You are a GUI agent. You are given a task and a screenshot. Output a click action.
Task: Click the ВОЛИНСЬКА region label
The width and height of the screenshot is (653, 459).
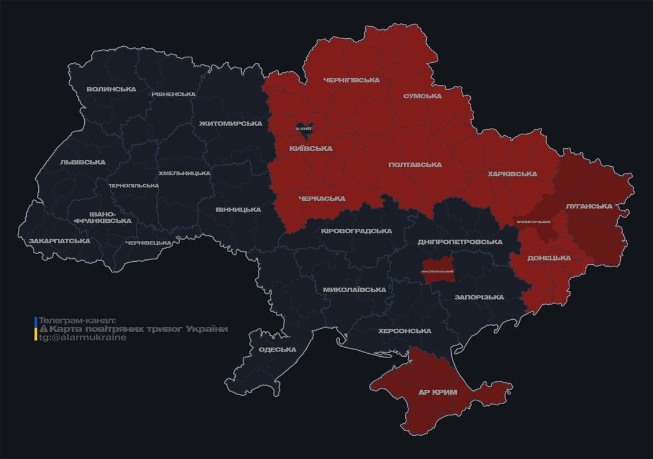[x=111, y=89]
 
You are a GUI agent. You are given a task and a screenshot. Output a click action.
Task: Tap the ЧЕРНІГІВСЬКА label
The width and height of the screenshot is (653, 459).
[x=351, y=80]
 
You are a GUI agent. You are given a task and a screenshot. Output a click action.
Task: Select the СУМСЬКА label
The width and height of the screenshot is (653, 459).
[x=422, y=96]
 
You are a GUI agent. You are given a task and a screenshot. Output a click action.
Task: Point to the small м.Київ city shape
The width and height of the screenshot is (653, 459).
[x=304, y=128]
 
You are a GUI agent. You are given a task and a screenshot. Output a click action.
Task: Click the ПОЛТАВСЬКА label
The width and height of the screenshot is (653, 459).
[x=415, y=164]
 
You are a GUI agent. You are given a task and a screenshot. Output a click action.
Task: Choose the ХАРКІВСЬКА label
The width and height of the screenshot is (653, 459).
[x=512, y=174]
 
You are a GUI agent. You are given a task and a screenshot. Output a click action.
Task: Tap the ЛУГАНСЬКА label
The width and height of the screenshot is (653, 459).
[x=589, y=206]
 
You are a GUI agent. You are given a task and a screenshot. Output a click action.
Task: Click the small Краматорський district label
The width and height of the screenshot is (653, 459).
[x=533, y=222]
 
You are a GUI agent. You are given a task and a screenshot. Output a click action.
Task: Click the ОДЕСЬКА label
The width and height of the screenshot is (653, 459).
[x=277, y=350]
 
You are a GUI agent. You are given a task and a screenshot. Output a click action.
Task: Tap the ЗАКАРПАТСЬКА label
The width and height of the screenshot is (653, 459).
[x=59, y=241]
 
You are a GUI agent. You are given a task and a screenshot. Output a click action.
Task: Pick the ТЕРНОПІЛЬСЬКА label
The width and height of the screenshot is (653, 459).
[x=134, y=185]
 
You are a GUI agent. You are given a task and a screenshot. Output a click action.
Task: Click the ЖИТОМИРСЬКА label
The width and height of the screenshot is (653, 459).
[x=230, y=123]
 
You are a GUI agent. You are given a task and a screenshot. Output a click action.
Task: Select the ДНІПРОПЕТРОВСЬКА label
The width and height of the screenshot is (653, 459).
[x=460, y=241]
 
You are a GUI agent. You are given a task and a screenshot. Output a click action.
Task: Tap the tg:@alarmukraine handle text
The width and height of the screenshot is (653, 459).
[x=83, y=338]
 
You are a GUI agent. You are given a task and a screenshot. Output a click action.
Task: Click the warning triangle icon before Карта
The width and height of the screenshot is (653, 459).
[x=43, y=329]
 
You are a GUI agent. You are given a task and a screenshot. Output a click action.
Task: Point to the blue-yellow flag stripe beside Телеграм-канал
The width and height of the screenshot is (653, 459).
[x=36, y=329]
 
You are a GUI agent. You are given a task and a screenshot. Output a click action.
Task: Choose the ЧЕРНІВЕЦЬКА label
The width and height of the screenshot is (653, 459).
[x=149, y=243]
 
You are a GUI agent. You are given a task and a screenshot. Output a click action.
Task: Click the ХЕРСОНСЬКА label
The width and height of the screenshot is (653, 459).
[x=404, y=331]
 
